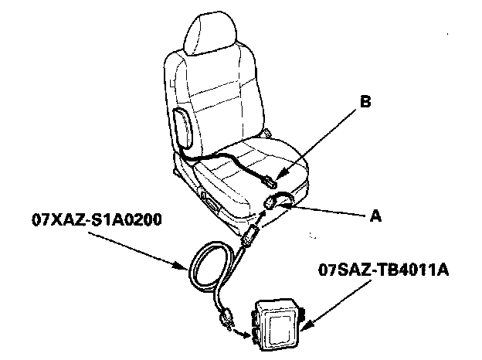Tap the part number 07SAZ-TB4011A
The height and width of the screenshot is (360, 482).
[384, 271]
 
